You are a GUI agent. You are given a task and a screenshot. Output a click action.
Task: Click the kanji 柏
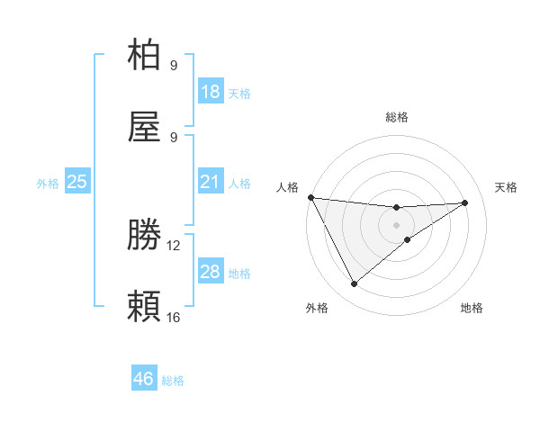145,56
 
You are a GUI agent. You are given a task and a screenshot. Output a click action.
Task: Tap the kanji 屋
145,128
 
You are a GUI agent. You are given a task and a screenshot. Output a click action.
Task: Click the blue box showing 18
211,92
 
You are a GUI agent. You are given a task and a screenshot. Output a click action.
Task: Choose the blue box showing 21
211,182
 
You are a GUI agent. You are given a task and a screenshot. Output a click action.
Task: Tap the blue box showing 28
211,272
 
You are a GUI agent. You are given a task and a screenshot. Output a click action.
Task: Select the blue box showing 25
77,182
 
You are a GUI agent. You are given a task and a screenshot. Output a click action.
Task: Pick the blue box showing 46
144,379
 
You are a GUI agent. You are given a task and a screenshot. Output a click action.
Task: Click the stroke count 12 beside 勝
174,245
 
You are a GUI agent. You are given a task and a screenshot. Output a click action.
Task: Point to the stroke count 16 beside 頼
174,317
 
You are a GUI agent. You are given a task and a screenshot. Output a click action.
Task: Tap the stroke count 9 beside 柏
174,65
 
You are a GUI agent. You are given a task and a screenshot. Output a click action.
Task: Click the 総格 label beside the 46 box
173,381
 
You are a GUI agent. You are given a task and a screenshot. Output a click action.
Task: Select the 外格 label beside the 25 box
48,184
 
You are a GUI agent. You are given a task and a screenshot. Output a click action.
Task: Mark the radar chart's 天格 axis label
507,187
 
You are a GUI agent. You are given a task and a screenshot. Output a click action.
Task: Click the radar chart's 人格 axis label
286,187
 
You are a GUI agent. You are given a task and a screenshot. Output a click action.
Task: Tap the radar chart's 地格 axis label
472,308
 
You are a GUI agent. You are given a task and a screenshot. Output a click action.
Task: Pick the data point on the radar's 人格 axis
310,197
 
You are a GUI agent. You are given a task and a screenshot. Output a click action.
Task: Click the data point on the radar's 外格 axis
354,284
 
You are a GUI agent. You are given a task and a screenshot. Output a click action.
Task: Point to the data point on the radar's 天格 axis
465,202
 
